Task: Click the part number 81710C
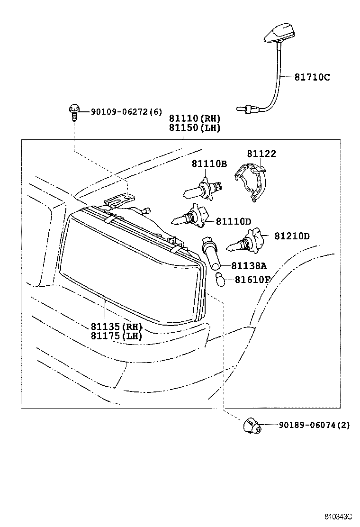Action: point(312,77)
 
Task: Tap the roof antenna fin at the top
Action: point(280,34)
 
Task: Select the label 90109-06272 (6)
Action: point(126,111)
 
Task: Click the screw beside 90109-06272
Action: point(74,113)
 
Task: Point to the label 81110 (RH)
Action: point(194,118)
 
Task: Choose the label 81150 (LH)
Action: point(194,127)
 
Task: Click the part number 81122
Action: point(261,154)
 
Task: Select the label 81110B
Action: point(209,164)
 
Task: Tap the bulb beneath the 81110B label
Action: point(203,190)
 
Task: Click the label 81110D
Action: point(234,221)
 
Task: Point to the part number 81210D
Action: point(292,236)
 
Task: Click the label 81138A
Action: point(249,266)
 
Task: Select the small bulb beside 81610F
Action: point(220,280)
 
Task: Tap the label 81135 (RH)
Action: point(117,327)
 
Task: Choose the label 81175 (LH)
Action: point(117,336)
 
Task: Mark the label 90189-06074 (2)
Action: point(314,425)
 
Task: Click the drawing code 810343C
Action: point(338,516)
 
